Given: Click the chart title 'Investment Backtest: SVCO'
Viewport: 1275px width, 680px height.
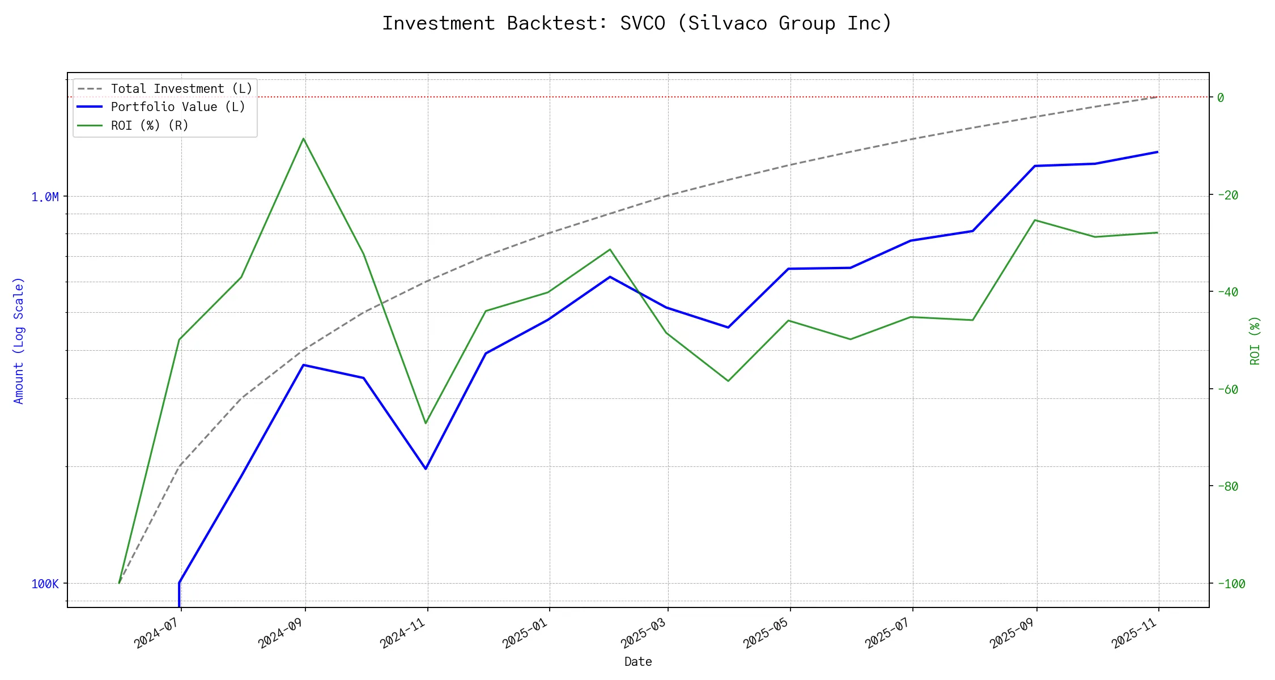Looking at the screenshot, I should tap(637, 23).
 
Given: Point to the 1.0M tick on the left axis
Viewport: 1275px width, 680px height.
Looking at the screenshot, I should tap(45, 197).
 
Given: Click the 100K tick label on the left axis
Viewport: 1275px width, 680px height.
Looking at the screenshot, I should tap(45, 584).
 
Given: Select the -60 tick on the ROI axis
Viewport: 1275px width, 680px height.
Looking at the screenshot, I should tap(1227, 389).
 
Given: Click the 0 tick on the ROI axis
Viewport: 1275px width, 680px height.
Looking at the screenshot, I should tap(1221, 97).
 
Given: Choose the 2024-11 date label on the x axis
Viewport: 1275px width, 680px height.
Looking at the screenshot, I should tap(403, 632).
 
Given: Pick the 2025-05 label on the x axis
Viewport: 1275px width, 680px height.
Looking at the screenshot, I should tap(766, 632).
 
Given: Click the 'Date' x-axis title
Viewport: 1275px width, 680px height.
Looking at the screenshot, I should tap(638, 661).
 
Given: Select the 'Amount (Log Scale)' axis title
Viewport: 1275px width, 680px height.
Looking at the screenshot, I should tap(19, 340).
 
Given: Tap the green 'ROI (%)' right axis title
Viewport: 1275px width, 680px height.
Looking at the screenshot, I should tap(1255, 340).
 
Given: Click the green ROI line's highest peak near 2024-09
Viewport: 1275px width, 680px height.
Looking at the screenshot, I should tap(304, 138).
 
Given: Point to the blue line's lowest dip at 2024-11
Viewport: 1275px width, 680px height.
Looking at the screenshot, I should tap(426, 469).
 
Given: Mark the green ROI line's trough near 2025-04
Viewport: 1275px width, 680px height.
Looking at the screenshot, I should tap(728, 381).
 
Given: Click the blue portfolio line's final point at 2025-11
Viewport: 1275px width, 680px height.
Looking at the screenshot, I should tap(1158, 152).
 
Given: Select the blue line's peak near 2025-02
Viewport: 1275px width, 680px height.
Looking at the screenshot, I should tap(610, 277).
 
